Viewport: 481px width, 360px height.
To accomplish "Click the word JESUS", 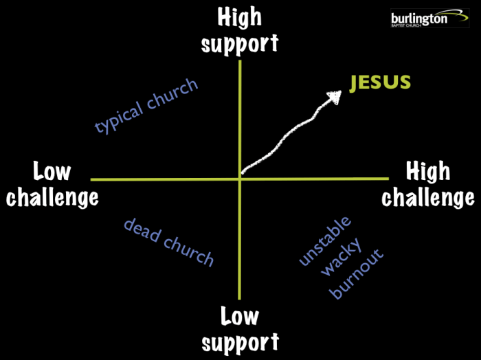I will [380, 83].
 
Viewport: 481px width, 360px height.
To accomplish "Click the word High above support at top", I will [239, 18].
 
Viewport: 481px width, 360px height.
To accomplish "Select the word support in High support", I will [239, 43].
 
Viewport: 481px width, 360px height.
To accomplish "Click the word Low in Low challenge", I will [52, 172].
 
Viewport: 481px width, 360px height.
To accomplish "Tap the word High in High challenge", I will [427, 172].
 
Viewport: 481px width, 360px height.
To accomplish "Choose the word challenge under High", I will [427, 197].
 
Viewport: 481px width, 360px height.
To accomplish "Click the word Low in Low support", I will [240, 317].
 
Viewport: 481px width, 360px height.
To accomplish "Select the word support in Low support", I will [240, 341].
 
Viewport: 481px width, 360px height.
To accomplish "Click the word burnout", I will [357, 274].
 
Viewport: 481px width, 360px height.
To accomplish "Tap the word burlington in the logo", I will [419, 18].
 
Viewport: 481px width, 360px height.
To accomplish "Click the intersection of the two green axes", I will [240, 179].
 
